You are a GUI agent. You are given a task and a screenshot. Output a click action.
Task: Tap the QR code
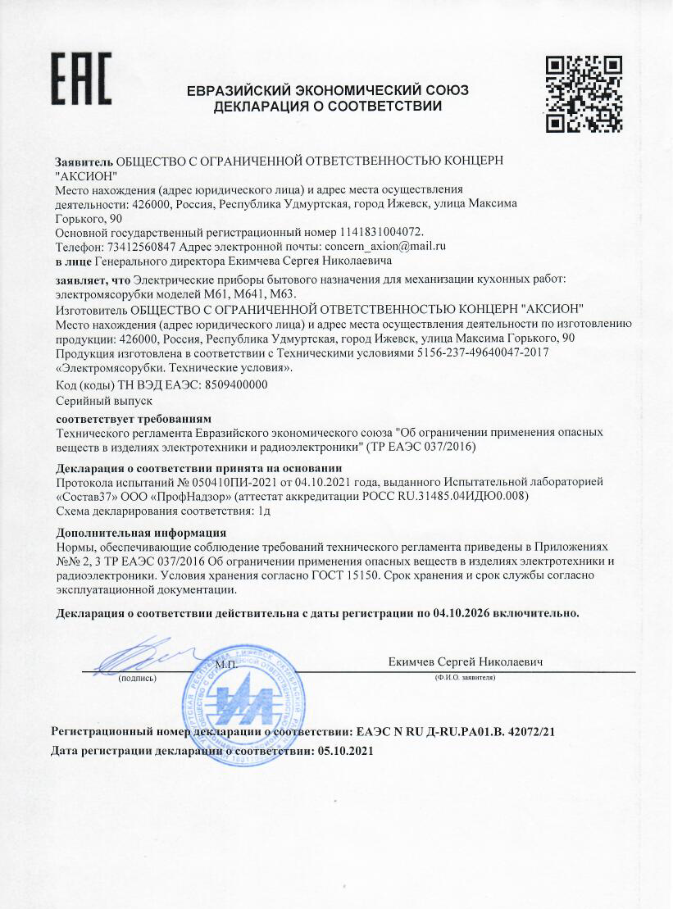[x=584, y=93]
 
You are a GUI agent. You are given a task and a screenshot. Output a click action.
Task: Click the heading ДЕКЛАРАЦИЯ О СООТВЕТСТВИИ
[x=328, y=107]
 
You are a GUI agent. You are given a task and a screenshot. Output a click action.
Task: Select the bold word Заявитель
[x=84, y=160]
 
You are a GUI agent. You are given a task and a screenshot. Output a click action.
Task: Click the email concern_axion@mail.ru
[x=385, y=246]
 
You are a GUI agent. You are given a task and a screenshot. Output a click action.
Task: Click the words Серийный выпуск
[x=93, y=401]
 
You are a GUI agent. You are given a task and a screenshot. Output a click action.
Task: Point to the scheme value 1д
[x=264, y=510]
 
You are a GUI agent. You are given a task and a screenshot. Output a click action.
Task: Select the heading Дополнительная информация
[x=132, y=533]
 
